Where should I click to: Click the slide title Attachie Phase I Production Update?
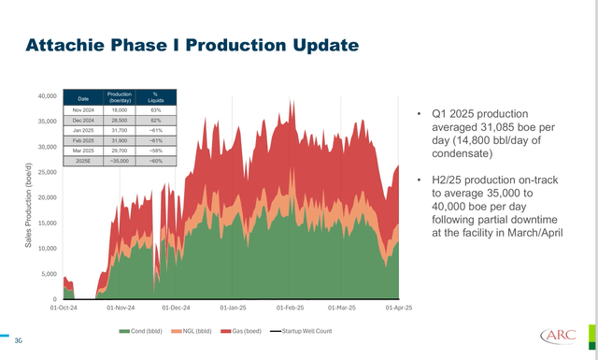point(192,45)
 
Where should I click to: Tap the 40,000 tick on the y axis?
point(44,95)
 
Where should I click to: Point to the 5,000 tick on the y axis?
point(46,274)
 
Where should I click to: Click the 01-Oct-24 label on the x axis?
point(64,307)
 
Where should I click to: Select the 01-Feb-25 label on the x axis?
point(290,307)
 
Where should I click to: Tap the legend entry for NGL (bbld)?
point(197,331)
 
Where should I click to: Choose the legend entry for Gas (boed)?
point(246,331)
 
